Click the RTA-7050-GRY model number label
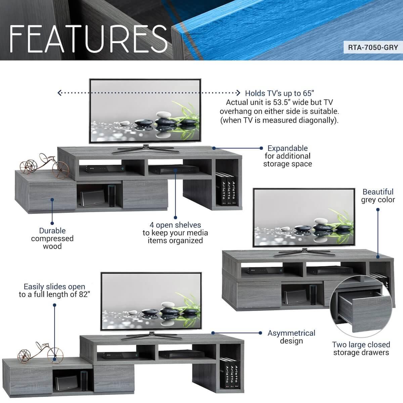[x=373, y=47]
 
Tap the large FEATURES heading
[x=88, y=39]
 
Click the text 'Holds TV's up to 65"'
[x=280, y=93]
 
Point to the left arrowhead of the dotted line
[x=59, y=93]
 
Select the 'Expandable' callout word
[x=287, y=148]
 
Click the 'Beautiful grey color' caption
[x=378, y=195]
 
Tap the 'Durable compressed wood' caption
[x=52, y=238]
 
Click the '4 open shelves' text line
[x=175, y=225]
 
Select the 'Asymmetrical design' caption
[x=291, y=337]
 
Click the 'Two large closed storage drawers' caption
[x=361, y=348]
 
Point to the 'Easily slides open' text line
[x=54, y=286]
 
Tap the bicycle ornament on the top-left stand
[x=44, y=166]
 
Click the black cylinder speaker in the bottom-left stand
[x=84, y=380]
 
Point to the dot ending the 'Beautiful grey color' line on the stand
[x=378, y=257]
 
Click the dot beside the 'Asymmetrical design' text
[x=260, y=333]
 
